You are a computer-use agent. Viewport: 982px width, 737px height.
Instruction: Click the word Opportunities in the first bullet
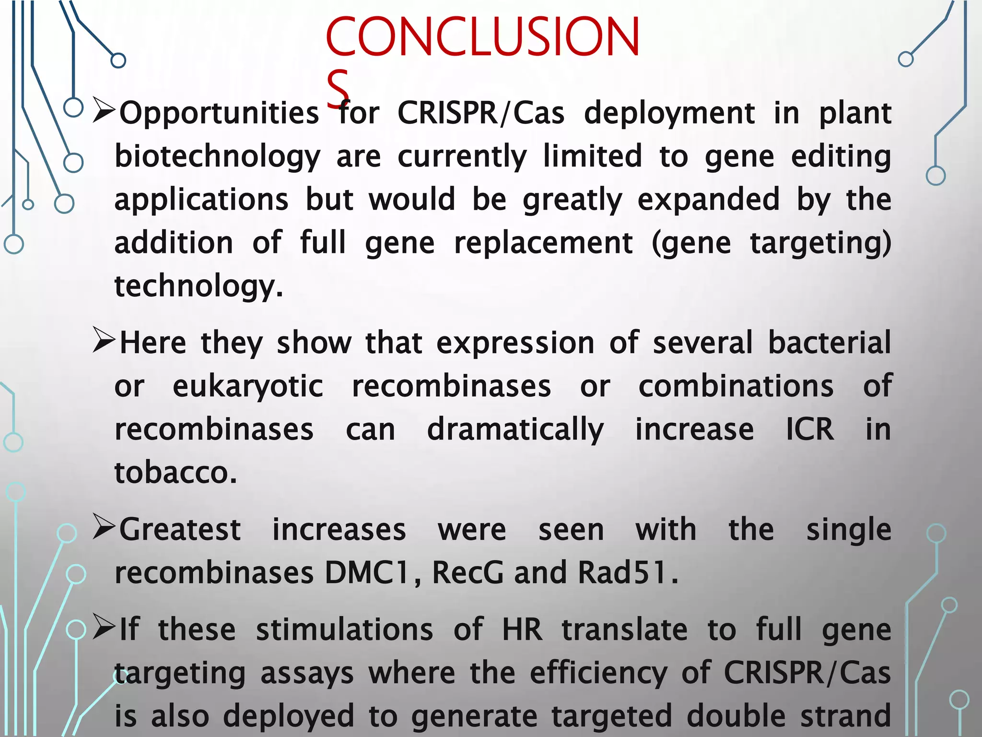pos(219,114)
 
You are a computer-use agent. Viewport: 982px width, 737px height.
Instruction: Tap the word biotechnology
pos(217,157)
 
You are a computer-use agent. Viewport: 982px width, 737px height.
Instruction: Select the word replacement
pos(543,243)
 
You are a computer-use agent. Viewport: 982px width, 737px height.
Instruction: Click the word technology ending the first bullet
pos(199,286)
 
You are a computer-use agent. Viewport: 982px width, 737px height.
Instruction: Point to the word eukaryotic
pos(248,386)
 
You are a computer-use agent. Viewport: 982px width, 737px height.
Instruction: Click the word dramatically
pos(515,429)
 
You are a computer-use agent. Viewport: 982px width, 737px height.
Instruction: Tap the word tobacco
pos(175,472)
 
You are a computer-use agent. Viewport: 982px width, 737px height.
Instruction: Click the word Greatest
pos(180,530)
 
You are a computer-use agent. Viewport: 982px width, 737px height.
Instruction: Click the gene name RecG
pos(468,572)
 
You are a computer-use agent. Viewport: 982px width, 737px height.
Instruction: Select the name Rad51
pos(628,572)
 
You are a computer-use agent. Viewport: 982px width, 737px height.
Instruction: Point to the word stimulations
pos(345,630)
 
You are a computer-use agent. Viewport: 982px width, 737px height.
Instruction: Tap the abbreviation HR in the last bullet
pos(523,630)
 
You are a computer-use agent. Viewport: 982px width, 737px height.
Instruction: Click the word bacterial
pos(830,343)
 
